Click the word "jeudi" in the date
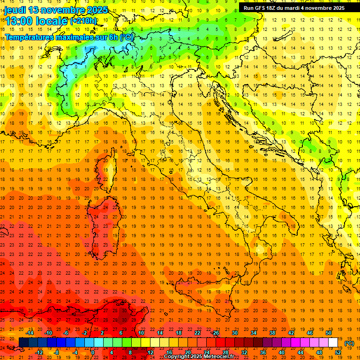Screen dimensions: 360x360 15,9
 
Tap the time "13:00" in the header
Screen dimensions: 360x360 18,21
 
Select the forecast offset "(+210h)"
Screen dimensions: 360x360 83,21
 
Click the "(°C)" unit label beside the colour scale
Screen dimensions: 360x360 349,343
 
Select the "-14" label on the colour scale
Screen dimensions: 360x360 29,333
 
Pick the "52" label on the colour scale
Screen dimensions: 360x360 338,352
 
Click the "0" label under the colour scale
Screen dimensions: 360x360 92,352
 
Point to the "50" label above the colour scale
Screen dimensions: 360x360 328,333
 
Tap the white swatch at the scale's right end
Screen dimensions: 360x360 333,342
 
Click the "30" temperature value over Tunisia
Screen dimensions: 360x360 124,320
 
